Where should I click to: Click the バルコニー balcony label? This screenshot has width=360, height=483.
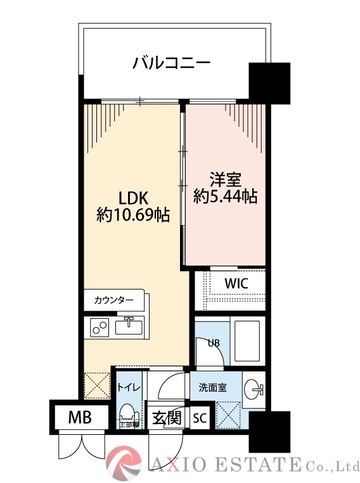tap(170, 63)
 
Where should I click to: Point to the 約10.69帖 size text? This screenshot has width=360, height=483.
tap(132, 215)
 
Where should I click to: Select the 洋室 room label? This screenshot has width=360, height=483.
tap(226, 179)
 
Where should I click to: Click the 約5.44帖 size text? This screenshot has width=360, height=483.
tap(225, 196)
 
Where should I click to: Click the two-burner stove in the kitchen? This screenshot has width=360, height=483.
tap(100, 327)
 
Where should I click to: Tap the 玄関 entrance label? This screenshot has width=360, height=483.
tap(167, 418)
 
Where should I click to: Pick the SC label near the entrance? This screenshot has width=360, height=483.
tap(199, 418)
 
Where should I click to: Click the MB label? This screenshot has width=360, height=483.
tap(80, 418)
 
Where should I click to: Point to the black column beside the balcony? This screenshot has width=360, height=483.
tap(269, 82)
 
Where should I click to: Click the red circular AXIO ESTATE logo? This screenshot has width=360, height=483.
tap(124, 462)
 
